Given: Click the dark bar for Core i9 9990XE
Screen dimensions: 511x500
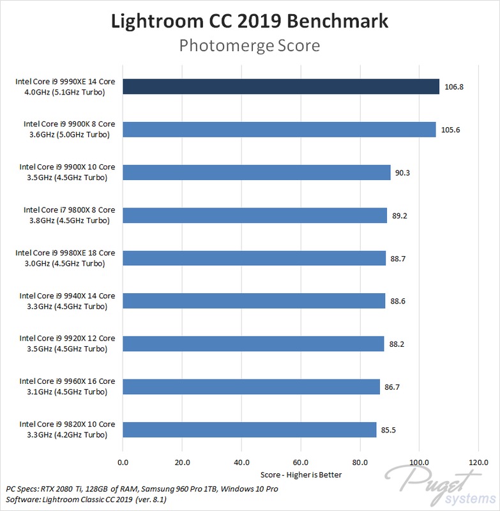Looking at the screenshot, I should point(281,87).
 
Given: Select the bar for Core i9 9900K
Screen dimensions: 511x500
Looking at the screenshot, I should point(279,130).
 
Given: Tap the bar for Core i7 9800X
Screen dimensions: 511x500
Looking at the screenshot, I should point(255,215).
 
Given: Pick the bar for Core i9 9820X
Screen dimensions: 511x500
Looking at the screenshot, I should point(249,429).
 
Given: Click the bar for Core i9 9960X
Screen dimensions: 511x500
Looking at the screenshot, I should point(251,386).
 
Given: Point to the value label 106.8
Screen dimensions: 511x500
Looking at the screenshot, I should point(453,87).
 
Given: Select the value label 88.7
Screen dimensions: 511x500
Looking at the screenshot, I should point(400,258).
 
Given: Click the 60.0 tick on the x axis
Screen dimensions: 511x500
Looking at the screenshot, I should point(300,462).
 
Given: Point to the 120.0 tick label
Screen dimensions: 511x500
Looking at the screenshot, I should point(478,462).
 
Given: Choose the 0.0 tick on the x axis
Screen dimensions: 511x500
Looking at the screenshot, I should point(123,462).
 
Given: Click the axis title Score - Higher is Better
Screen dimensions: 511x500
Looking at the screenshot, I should point(300,475).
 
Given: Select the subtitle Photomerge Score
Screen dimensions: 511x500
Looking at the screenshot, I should point(250,46).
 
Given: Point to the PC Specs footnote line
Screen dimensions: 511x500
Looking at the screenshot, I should point(142,489).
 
